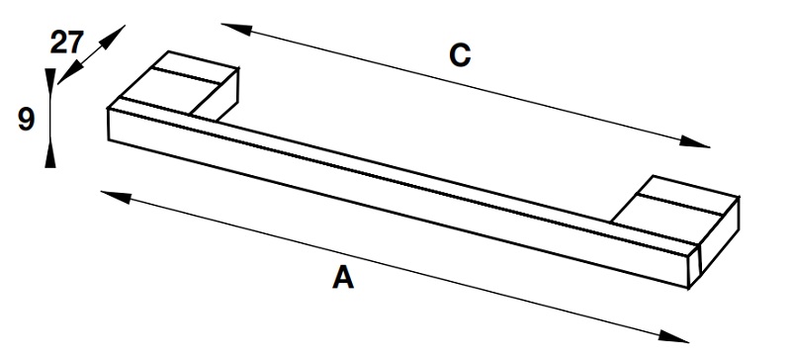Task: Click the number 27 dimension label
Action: tap(66, 43)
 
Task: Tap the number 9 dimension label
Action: tap(27, 121)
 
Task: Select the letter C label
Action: tap(460, 55)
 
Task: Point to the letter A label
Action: tap(343, 278)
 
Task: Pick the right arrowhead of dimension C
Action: tap(695, 141)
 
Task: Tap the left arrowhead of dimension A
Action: tap(116, 197)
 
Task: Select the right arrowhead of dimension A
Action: tap(673, 336)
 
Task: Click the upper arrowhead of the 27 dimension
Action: tap(114, 36)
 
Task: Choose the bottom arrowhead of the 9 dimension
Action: tap(50, 153)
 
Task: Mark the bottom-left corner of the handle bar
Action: tap(109, 139)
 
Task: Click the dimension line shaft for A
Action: tap(395, 267)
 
